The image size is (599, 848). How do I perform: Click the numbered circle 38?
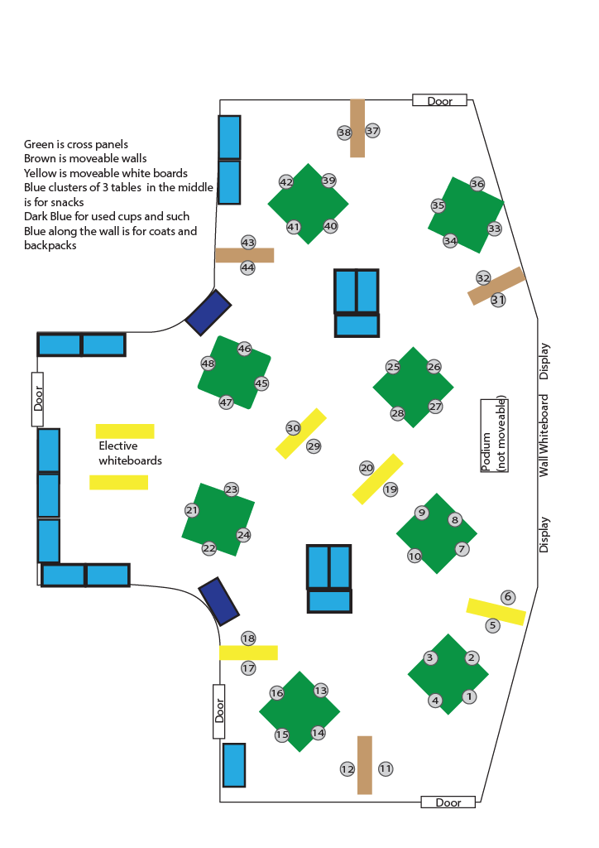point(344,132)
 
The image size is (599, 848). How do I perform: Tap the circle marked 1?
point(469,697)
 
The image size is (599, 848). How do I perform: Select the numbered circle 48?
point(208,364)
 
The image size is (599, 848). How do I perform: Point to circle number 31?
point(498,300)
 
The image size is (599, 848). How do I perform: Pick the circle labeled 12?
point(347,769)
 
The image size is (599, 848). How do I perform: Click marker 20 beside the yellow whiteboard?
point(367,468)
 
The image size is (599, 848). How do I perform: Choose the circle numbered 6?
point(508,597)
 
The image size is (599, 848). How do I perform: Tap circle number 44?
point(248,267)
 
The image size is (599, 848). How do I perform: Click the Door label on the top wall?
point(439,101)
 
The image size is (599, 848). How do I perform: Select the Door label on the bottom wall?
point(448,802)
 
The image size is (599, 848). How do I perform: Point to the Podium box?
point(494,436)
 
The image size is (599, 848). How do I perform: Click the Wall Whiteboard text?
point(544,436)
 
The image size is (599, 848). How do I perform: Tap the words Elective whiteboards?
point(130,453)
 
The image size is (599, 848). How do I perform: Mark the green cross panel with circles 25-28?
point(413,387)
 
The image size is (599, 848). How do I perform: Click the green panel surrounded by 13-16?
point(299,711)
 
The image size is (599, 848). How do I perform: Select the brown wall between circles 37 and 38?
point(357,128)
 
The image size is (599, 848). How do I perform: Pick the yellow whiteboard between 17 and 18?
point(248,653)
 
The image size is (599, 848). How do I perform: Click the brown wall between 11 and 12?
point(365,764)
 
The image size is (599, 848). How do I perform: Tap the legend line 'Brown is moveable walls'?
point(85,158)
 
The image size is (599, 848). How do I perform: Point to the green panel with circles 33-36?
point(466,214)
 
